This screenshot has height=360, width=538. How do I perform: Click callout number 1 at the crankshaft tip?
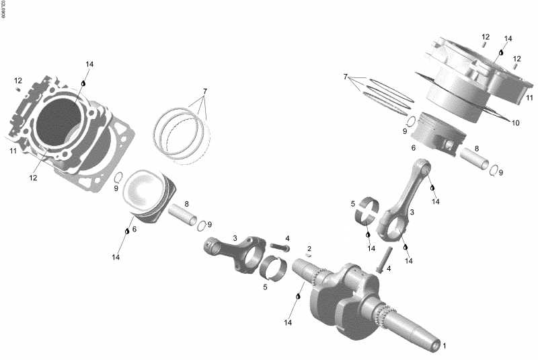(x=443, y=346)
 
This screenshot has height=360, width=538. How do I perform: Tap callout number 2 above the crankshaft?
(x=309, y=248)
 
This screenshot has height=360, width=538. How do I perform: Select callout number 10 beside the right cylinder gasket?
(x=516, y=123)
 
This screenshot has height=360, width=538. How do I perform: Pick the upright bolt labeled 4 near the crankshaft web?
(x=383, y=260)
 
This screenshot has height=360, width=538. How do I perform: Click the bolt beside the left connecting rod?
(x=279, y=248)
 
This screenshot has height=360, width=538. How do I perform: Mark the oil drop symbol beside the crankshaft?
(x=298, y=296)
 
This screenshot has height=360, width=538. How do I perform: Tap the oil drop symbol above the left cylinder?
(x=84, y=83)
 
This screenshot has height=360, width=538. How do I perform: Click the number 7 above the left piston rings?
(x=205, y=91)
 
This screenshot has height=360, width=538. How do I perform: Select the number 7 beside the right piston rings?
(x=345, y=77)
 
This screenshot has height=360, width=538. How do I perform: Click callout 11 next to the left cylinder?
(x=13, y=151)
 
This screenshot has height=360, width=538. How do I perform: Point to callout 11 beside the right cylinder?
(x=530, y=98)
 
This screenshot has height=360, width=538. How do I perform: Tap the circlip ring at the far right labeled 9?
(x=495, y=170)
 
